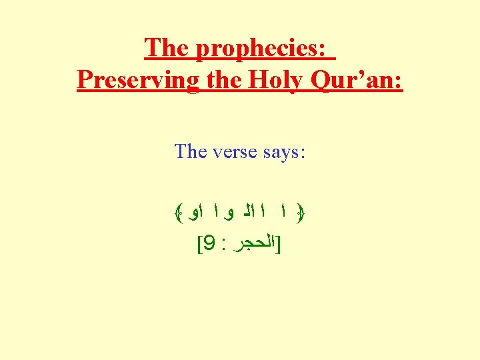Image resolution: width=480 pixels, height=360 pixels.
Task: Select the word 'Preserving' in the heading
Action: [137, 80]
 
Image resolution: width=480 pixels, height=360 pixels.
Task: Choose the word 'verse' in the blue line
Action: [235, 151]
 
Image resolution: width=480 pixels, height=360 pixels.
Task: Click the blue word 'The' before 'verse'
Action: [190, 151]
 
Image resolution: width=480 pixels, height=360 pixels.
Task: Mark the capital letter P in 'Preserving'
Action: [85, 80]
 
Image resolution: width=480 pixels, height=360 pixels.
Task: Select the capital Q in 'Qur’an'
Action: [323, 81]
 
